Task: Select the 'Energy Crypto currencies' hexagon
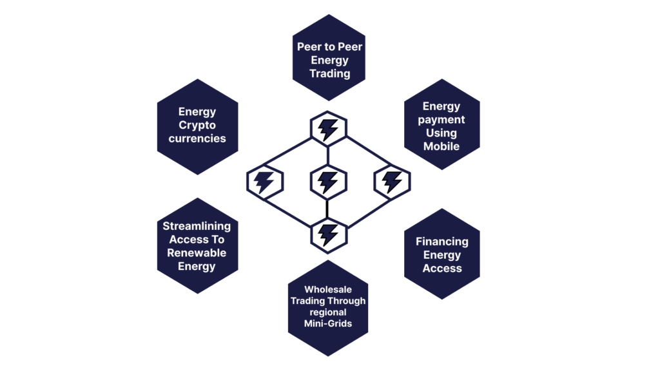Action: [197, 126]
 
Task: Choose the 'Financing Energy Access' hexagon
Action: [442, 254]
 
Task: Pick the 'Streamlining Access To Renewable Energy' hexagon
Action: [197, 246]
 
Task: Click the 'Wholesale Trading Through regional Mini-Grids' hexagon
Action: [328, 307]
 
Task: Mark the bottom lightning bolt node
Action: [329, 234]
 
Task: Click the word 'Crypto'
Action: [197, 125]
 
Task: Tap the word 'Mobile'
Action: [442, 146]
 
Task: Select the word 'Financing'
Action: [442, 242]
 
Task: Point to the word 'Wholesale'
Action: [328, 290]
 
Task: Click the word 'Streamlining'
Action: [197, 226]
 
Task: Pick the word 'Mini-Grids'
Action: [328, 323]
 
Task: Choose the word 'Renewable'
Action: [197, 253]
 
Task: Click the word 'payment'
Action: [442, 120]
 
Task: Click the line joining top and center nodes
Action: [329, 155]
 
